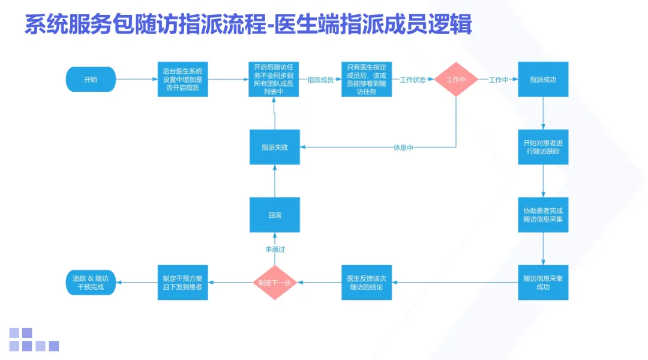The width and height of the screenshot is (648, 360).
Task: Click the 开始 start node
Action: pos(90,79)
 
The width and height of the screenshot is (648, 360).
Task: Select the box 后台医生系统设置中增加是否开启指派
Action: pos(182,79)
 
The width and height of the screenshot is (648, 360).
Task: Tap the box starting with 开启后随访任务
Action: pos(274,79)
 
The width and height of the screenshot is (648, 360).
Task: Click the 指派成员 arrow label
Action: pos(320,80)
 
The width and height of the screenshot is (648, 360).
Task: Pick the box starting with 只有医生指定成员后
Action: pos(366,79)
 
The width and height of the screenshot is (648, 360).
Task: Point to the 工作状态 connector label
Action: pos(413,80)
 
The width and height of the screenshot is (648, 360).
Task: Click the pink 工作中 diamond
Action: pos(456,79)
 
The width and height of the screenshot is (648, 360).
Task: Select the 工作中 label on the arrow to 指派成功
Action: pos(499,80)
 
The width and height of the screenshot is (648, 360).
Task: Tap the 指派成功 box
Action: pos(543,79)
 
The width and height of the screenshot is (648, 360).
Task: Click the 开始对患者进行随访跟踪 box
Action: pos(543,147)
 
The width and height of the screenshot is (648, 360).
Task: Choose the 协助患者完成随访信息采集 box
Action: pos(543,215)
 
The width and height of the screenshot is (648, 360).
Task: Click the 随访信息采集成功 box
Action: pos(543,283)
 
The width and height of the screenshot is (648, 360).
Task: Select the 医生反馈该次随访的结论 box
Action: pos(366,283)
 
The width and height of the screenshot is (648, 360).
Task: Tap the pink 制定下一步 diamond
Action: pos(274,283)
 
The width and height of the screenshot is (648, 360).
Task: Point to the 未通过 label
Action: pos(275,249)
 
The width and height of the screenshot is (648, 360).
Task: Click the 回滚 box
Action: pos(274,215)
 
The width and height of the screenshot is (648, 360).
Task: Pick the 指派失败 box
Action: pos(274,147)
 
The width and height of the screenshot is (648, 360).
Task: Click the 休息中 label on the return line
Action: pos(403,148)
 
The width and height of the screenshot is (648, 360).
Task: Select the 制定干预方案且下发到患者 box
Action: pos(182,283)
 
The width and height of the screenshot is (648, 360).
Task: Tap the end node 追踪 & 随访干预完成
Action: pos(90,283)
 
